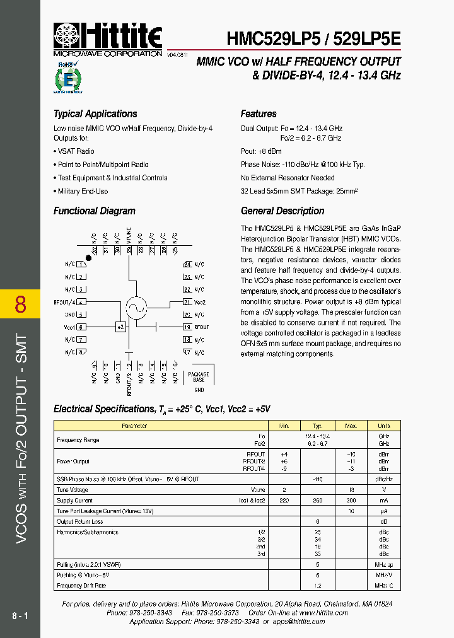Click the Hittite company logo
pyautogui.click(x=108, y=39)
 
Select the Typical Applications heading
pyautogui.click(x=95, y=114)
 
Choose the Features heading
pyautogui.click(x=259, y=114)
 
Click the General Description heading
pyautogui.click(x=282, y=211)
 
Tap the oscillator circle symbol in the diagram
pyautogui.click(x=136, y=307)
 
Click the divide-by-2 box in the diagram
pyautogui.click(x=120, y=327)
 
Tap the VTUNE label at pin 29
pyautogui.click(x=129, y=236)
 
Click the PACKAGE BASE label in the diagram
pyautogui.click(x=199, y=377)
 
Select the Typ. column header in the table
pyautogui.click(x=318, y=426)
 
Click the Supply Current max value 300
pyautogui.click(x=351, y=501)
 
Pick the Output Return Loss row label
pyautogui.click(x=80, y=522)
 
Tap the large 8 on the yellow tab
pyautogui.click(x=20, y=304)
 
